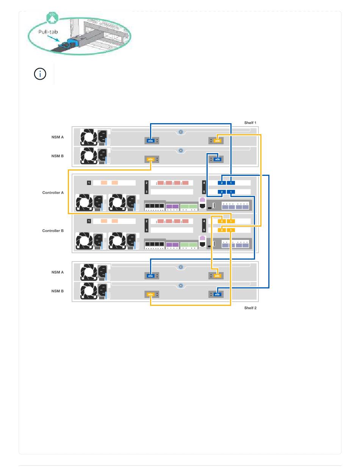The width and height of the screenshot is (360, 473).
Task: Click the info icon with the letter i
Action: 40,74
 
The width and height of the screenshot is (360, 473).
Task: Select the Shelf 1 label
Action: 250,123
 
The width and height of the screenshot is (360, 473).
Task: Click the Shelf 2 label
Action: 250,308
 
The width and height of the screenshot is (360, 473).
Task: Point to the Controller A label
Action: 53,193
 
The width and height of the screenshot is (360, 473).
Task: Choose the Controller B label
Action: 53,230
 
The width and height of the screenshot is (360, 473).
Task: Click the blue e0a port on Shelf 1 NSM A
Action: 150,141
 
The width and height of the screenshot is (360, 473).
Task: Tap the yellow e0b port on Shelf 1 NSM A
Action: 217,141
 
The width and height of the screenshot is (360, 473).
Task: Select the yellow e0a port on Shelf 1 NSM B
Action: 150,159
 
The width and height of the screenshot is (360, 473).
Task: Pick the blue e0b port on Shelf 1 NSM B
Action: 217,159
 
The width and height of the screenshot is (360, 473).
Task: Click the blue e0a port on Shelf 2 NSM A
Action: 150,276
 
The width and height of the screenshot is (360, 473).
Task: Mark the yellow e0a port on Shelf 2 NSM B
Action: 150,294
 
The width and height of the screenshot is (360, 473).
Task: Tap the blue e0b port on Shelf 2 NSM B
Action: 217,294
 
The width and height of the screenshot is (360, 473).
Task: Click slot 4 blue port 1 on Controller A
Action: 231,183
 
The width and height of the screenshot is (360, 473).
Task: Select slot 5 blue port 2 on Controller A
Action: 222,192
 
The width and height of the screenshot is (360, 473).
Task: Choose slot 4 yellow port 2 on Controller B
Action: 222,221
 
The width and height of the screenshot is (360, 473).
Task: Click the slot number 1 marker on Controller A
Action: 89,183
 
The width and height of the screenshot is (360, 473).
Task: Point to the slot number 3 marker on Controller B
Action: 146,230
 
